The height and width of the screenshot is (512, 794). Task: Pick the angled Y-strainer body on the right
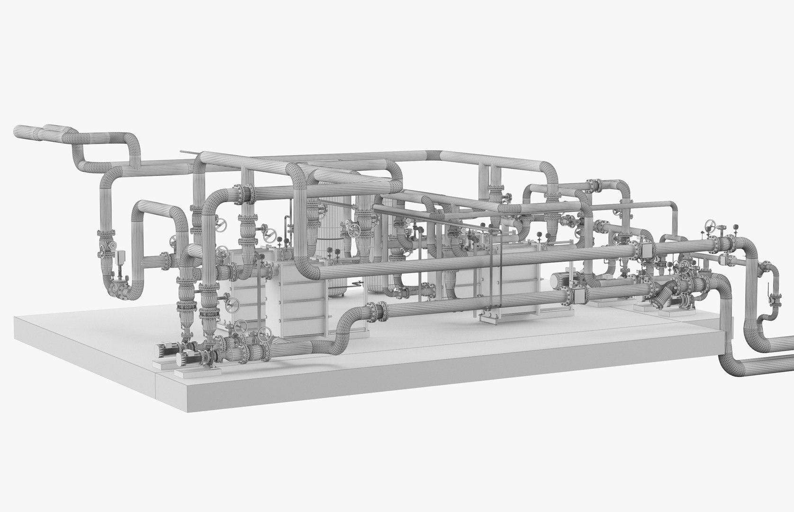point(665,294)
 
